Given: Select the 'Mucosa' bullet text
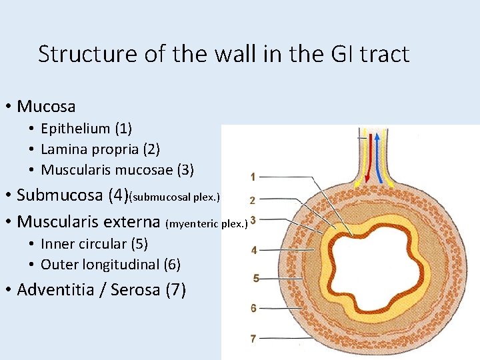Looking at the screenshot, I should click(x=46, y=106).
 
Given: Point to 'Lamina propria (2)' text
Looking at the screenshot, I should click(x=100, y=149).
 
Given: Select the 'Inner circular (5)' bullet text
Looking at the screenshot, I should click(x=94, y=243).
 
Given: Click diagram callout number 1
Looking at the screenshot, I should click(x=253, y=177).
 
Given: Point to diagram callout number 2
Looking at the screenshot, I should click(x=253, y=199).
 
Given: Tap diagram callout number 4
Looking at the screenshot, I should click(x=253, y=251).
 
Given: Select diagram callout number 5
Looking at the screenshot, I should click(x=256, y=279).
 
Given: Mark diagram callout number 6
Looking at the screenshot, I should click(x=253, y=308).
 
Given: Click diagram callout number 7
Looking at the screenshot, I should click(x=253, y=339).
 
